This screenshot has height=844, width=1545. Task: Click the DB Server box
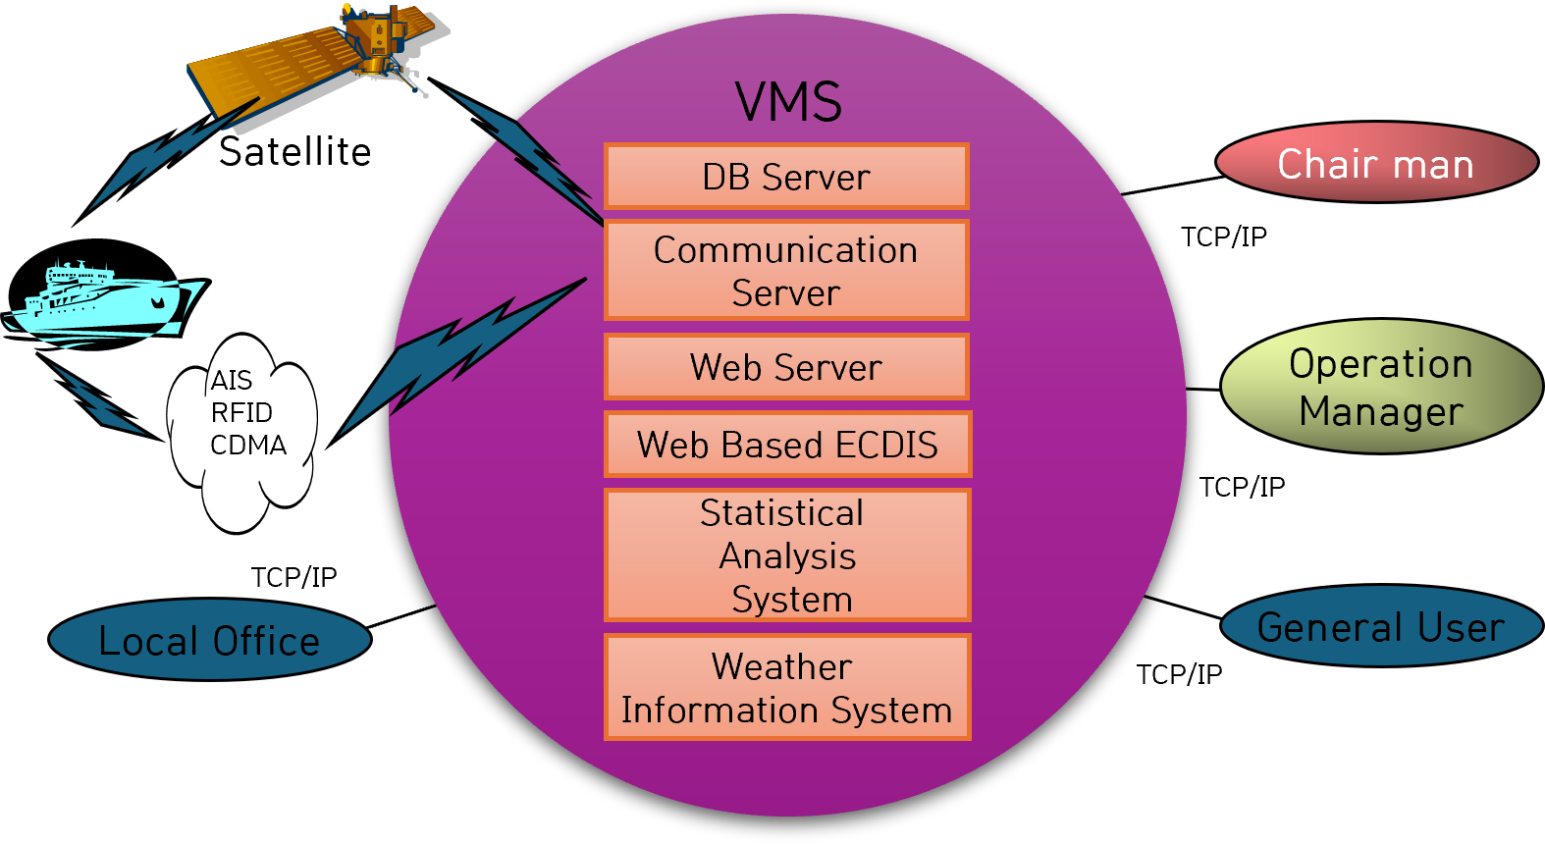(786, 177)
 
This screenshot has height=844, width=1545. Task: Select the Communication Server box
(786, 271)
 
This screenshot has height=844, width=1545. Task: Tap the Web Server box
(786, 367)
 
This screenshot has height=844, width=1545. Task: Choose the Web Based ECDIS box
(787, 445)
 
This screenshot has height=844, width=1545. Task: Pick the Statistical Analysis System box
(787, 555)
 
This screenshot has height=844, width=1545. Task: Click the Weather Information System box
(787, 687)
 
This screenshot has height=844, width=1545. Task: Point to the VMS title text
(788, 102)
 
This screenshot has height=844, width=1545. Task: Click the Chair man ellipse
(1376, 163)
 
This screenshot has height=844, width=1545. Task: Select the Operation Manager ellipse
(1381, 387)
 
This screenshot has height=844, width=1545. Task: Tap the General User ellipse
(1381, 626)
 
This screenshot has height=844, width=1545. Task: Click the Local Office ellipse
(209, 640)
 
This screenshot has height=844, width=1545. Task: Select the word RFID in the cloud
(241, 412)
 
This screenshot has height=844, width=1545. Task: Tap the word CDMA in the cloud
(248, 446)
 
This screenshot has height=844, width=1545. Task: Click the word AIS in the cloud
(232, 380)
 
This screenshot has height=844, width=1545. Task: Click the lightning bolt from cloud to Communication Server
(461, 353)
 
